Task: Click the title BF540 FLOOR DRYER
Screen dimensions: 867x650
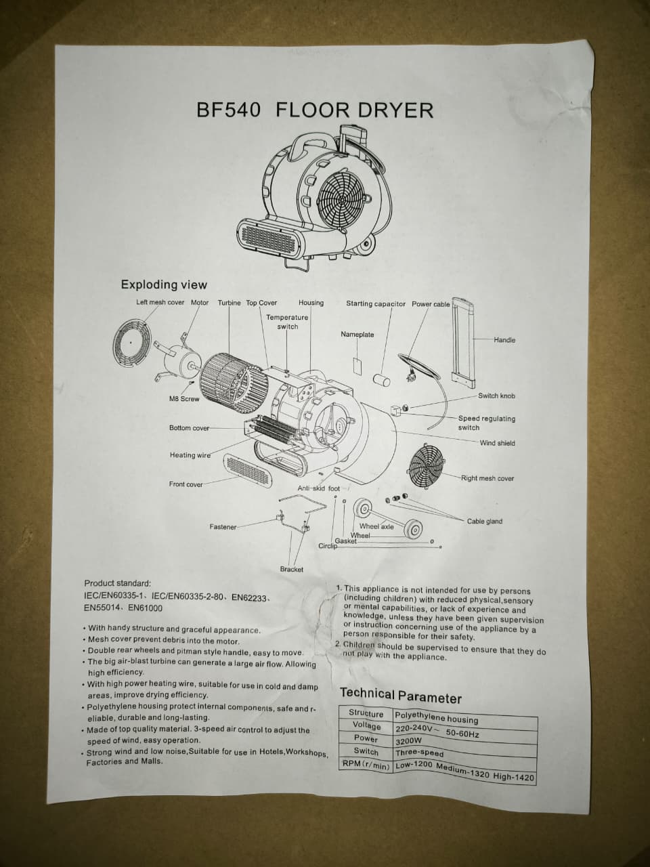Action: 315,110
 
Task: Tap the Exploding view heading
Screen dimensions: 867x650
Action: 164,284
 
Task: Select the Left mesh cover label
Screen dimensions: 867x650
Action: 160,303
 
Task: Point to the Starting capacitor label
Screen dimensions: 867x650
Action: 376,304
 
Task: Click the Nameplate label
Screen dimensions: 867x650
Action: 357,335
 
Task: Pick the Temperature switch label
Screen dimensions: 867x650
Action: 287,322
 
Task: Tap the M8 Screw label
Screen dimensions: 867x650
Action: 184,399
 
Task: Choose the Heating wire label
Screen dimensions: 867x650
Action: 190,455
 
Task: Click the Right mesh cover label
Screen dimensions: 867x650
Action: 487,478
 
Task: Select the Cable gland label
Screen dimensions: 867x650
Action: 484,522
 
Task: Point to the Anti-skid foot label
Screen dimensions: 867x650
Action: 318,488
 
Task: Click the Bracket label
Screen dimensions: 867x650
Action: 291,570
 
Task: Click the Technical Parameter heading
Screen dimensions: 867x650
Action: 400,696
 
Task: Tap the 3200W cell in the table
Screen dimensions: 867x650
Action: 408,741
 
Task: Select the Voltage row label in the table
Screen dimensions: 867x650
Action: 366,725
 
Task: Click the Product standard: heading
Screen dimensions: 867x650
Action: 117,583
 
